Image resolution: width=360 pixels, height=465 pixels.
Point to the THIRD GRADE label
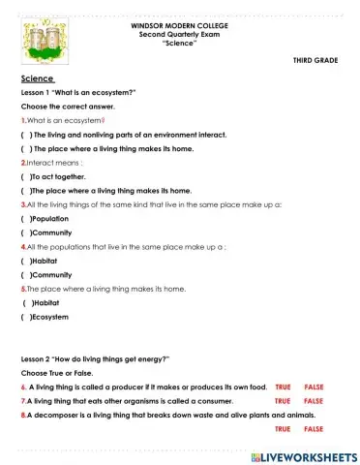pyautogui.click(x=315, y=60)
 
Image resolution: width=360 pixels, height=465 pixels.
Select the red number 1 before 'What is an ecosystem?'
pyautogui.click(x=22, y=120)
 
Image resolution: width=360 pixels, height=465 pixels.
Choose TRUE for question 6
pyautogui.click(x=283, y=387)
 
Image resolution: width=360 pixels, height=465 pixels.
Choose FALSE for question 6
pyautogui.click(x=314, y=387)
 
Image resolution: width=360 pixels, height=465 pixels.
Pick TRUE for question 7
pyautogui.click(x=283, y=400)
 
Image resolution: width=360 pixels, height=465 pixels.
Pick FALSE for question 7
pyautogui.click(x=314, y=400)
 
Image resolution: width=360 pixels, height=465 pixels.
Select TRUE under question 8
pyautogui.click(x=283, y=427)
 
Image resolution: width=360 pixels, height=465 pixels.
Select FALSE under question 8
pyautogui.click(x=314, y=427)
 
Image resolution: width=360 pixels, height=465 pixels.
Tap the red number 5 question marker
pyautogui.click(x=22, y=289)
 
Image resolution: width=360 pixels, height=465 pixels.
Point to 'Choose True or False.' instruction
pyautogui.click(x=58, y=372)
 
